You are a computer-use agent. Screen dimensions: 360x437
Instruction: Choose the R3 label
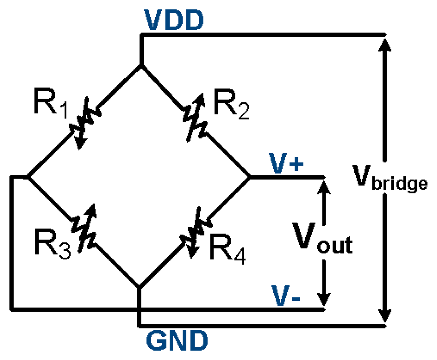click(53, 248)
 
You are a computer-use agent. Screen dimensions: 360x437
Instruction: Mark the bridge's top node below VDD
click(141, 66)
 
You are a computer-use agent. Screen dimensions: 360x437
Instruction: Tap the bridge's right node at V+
click(249, 176)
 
